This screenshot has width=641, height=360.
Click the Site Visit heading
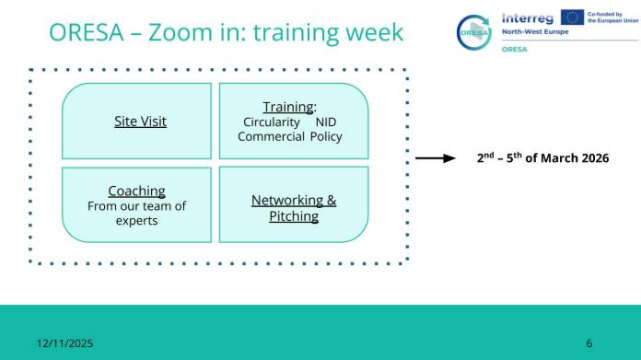[x=140, y=122]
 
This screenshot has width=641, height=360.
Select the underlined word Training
[x=288, y=107]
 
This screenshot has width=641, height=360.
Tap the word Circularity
[x=272, y=122]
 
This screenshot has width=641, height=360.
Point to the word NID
[x=326, y=122]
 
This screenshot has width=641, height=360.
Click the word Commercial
[x=271, y=136]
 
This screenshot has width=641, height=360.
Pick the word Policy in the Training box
[x=326, y=137]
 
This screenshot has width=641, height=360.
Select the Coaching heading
[x=136, y=191]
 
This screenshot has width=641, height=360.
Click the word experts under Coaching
[x=136, y=221]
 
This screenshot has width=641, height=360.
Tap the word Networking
[x=287, y=200]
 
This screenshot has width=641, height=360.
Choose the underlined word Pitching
[x=294, y=216]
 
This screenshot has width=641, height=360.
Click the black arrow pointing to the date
[x=436, y=158]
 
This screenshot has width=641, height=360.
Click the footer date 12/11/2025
[x=65, y=343]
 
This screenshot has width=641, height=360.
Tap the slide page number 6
[x=589, y=343]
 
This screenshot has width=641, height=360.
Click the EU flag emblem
[x=572, y=17]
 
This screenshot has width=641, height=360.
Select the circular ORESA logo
[x=474, y=32]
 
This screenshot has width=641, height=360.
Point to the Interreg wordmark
[x=528, y=18]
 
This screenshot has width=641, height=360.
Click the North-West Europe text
[x=535, y=32]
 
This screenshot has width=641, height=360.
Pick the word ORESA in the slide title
[x=87, y=32]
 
